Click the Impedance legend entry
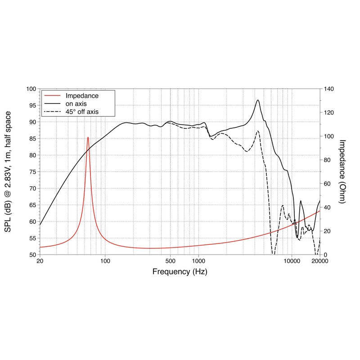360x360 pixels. click(82, 96)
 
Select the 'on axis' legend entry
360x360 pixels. click(77, 103)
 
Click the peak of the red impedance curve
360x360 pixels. click(88, 137)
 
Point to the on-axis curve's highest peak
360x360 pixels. click(258, 100)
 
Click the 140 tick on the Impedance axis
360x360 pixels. click(328, 89)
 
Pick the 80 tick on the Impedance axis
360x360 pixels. click(327, 160)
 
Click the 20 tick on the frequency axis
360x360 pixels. click(40, 261)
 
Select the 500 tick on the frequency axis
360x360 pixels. click(170, 261)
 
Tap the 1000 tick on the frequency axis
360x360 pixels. click(198, 261)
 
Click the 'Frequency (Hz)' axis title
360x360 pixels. click(180, 272)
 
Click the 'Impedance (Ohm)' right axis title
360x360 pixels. click(342, 171)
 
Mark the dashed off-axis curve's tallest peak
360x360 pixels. click(258, 131)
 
